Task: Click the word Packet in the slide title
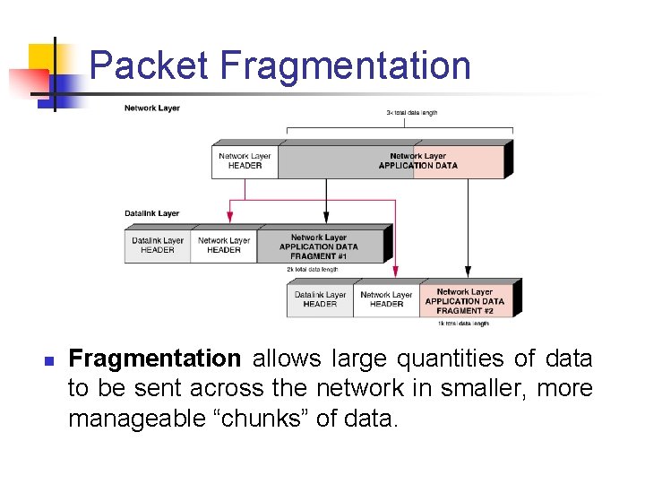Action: (x=150, y=66)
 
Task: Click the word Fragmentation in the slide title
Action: (x=346, y=66)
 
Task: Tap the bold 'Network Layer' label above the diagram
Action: (x=152, y=108)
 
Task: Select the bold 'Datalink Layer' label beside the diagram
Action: (x=152, y=213)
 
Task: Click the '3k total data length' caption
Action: (x=412, y=112)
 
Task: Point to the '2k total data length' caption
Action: (x=313, y=269)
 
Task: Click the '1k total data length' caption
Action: (x=463, y=323)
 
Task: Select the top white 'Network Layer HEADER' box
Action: (x=245, y=160)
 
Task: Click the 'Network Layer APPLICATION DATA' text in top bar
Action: (x=417, y=160)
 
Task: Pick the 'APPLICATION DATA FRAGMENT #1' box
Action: (x=319, y=246)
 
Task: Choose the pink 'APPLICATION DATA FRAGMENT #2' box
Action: (x=465, y=297)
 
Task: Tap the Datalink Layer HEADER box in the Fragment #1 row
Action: (x=158, y=246)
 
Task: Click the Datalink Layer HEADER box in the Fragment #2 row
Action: (x=320, y=299)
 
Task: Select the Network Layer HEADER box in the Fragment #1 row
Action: (x=224, y=246)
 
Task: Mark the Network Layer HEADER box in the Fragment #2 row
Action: (x=386, y=299)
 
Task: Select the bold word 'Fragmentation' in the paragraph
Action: (x=155, y=359)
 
